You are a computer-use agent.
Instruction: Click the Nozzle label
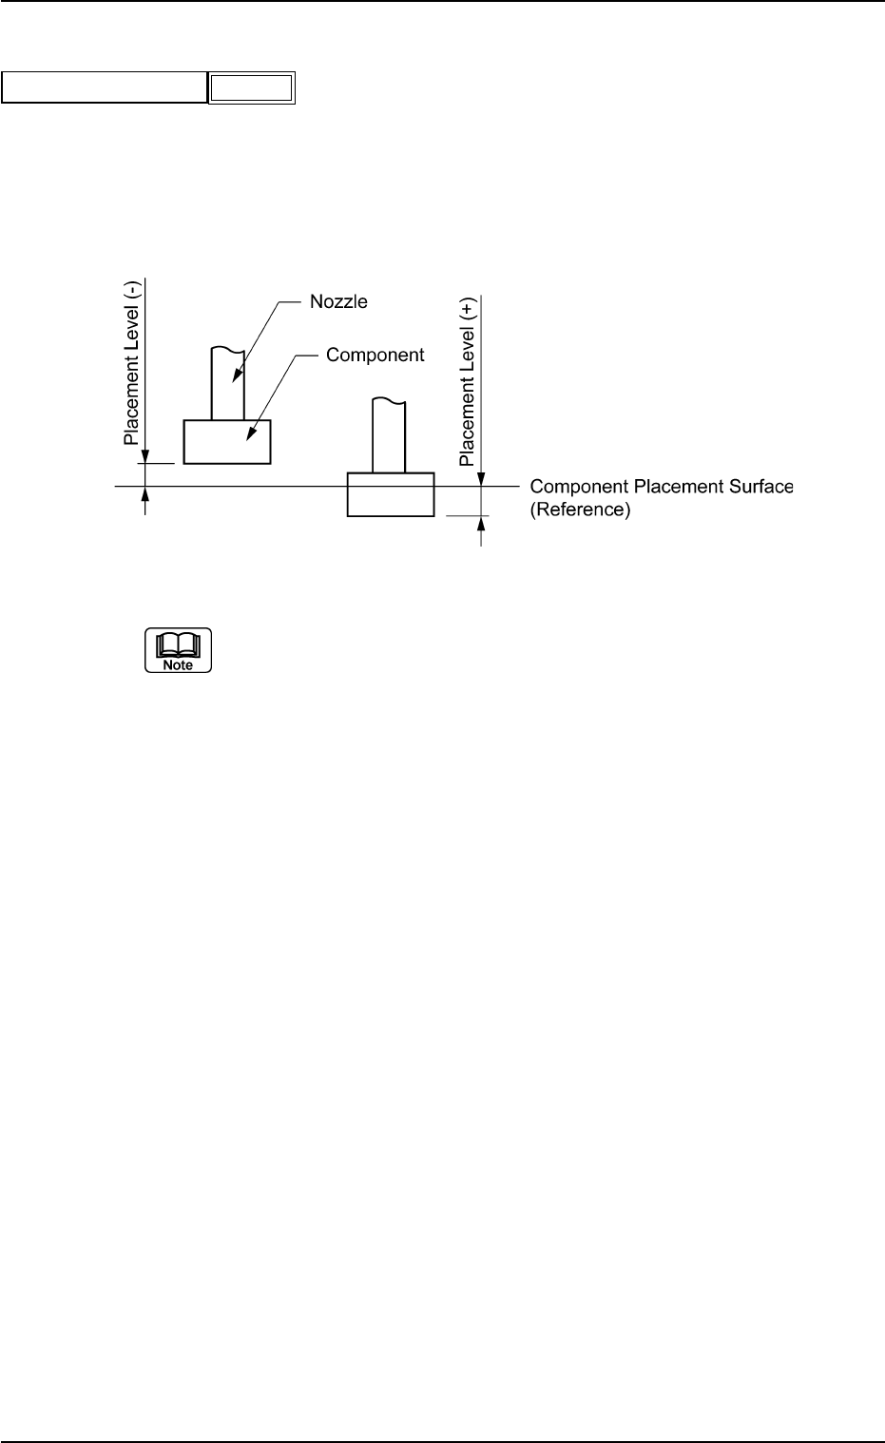(338, 302)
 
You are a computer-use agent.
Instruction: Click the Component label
(375, 355)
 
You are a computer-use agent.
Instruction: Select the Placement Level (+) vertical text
(468, 381)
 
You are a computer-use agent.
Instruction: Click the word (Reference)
(580, 510)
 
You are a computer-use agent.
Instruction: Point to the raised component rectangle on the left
(227, 442)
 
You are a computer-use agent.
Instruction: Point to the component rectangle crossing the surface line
(390, 494)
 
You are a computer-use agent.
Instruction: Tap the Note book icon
(178, 650)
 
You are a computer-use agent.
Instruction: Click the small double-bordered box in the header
(252, 88)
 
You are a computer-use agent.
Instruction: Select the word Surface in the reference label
(760, 487)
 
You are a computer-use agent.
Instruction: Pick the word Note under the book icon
(178, 665)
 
